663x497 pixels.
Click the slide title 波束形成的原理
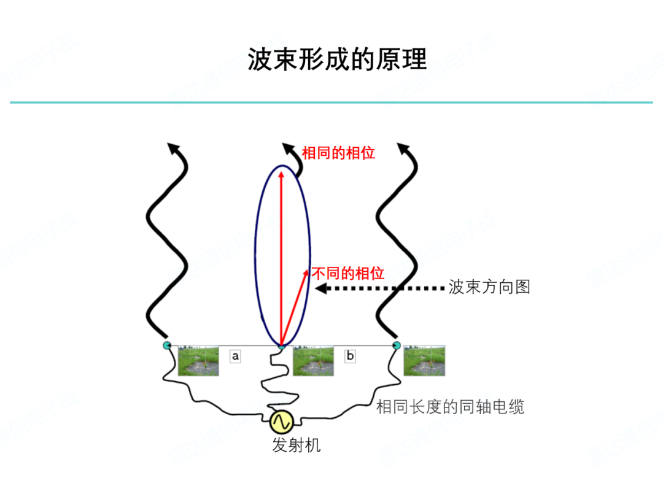click(x=337, y=59)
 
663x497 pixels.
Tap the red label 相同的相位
click(x=338, y=153)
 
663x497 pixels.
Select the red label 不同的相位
click(x=348, y=274)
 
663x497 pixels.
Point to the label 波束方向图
click(x=489, y=287)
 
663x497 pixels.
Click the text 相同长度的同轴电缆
click(x=451, y=407)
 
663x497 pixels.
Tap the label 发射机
click(x=296, y=445)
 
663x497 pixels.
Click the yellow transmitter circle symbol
click(x=282, y=422)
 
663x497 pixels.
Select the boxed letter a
click(x=235, y=356)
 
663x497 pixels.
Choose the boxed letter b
click(x=350, y=356)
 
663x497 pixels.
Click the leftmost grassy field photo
click(x=198, y=361)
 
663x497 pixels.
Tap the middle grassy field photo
click(x=313, y=361)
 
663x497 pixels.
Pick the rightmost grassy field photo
click(x=424, y=361)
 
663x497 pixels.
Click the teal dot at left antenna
click(x=167, y=345)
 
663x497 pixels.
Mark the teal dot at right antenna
click(x=397, y=345)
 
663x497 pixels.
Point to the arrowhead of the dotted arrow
click(x=320, y=288)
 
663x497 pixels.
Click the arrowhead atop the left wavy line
click(x=173, y=148)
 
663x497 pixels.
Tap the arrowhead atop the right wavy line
click(x=403, y=148)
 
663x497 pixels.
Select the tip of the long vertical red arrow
click(x=282, y=171)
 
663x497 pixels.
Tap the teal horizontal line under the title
click(x=331, y=102)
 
